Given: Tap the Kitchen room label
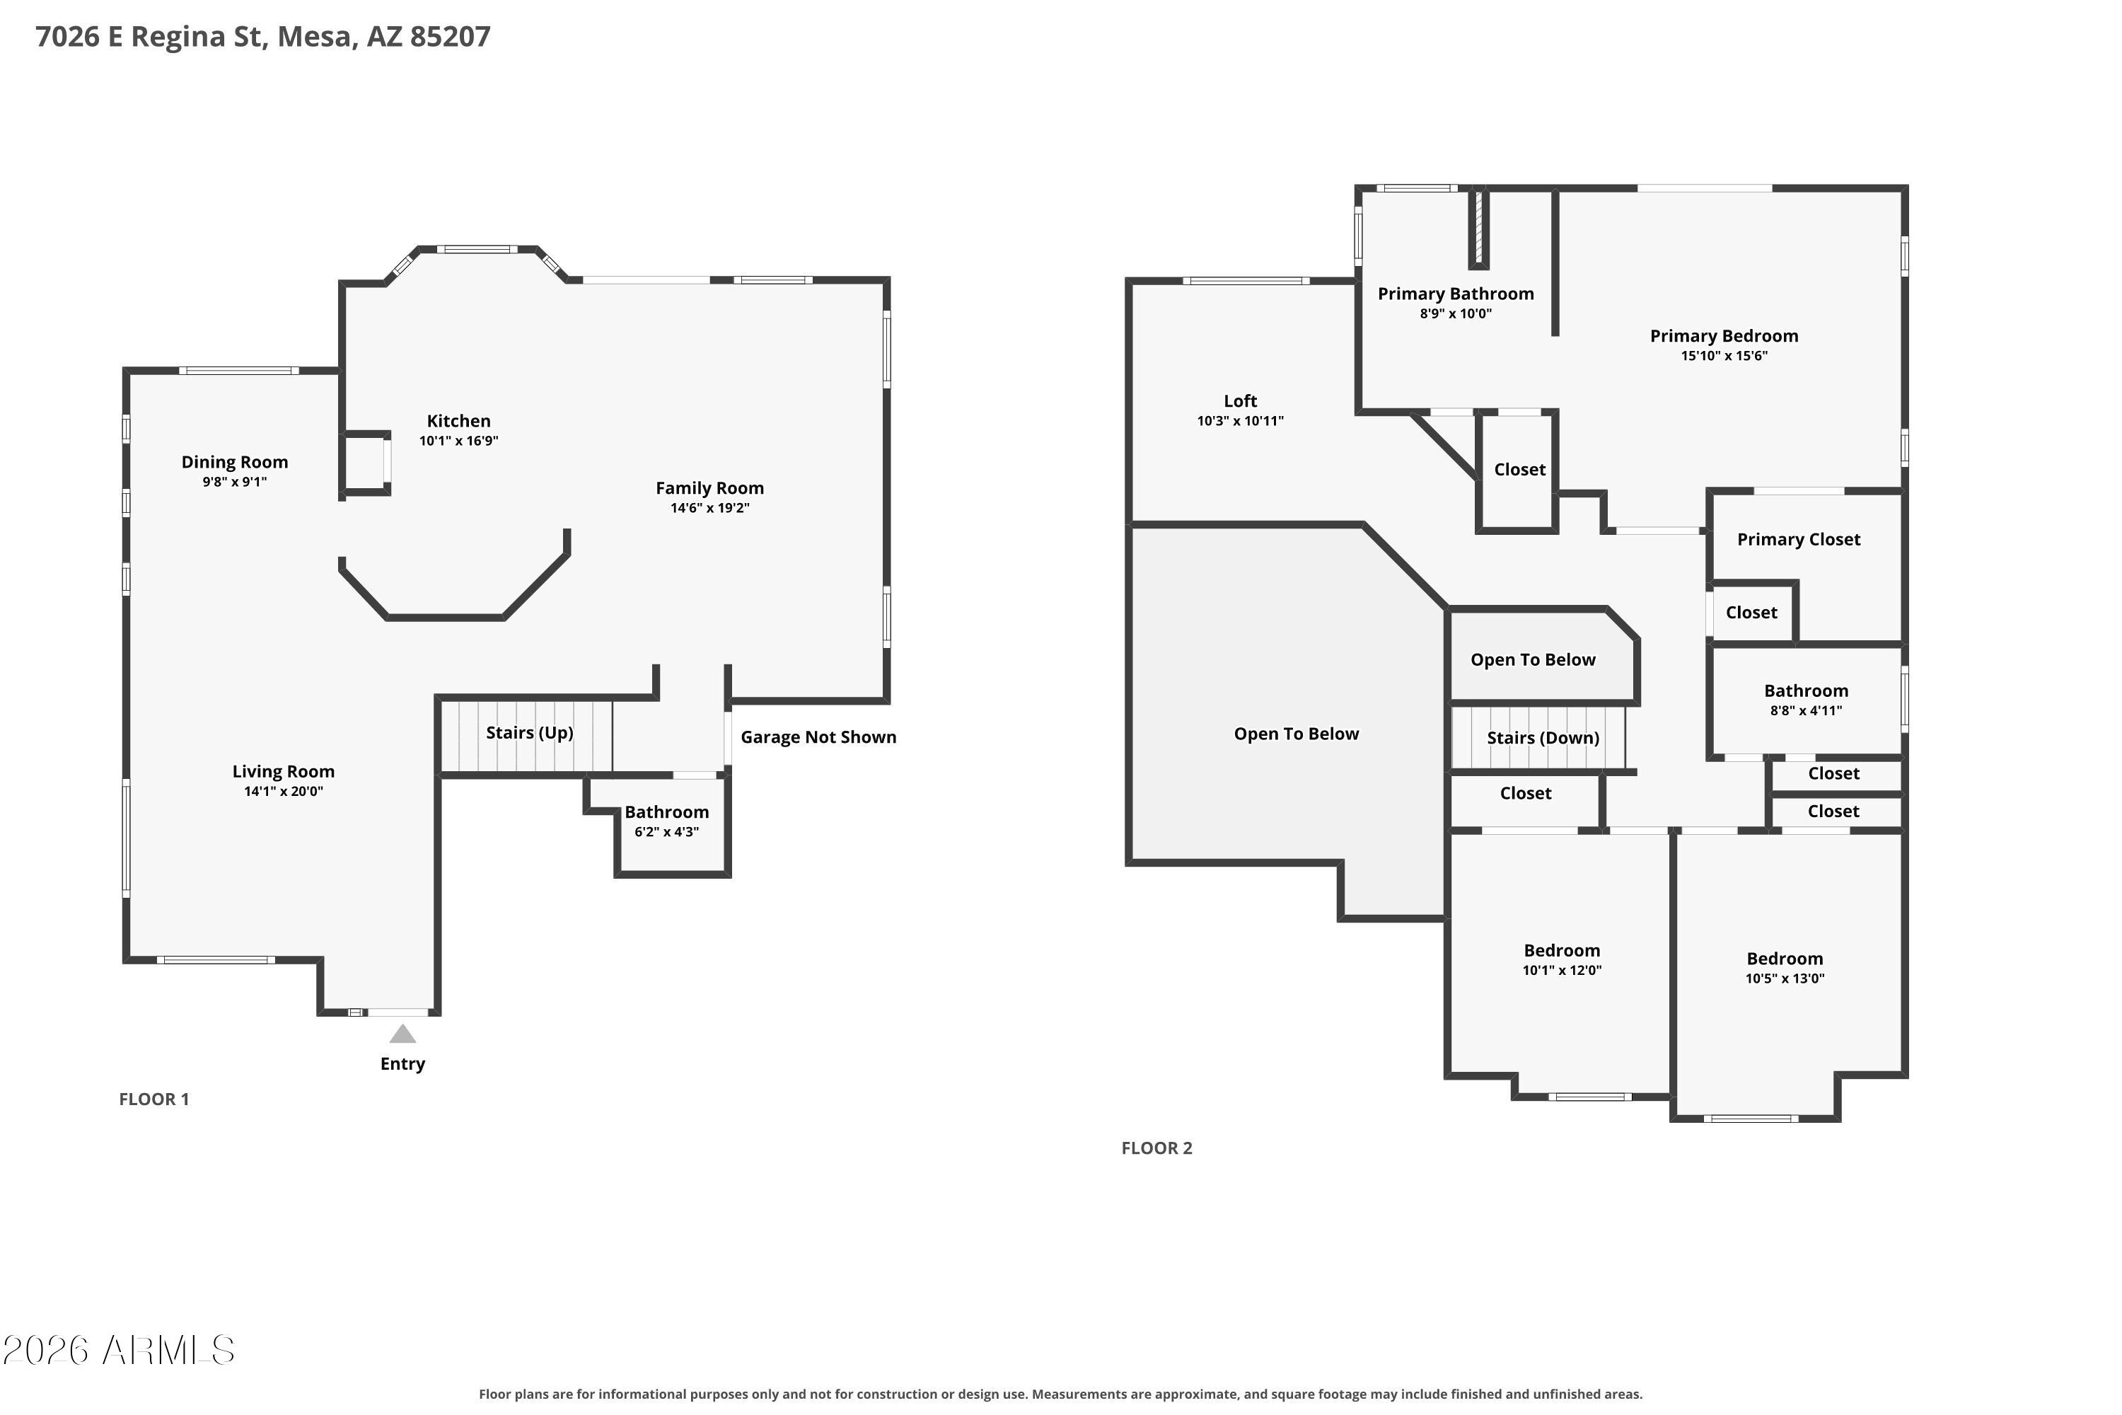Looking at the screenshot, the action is pos(458,420).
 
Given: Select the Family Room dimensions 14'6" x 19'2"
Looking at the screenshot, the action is pos(709,508).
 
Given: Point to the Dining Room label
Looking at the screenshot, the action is pos(235,462).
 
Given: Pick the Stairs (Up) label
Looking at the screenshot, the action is pos(530,733).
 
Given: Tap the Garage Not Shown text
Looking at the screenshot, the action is pos(818,737).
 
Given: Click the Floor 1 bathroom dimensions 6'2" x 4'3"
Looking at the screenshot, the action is pos(667,832).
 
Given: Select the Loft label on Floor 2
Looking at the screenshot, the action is pos(1241,400).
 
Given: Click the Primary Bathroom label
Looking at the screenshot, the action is pos(1455,294).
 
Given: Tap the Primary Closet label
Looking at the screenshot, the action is pos(1798,540).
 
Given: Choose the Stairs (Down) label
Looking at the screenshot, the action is pos(1543,738).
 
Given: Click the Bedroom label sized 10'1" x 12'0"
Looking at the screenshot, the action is pos(1562,950).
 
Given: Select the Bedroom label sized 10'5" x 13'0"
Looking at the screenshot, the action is pos(1785,959).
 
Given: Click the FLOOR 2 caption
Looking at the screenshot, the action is pos(1156,1148).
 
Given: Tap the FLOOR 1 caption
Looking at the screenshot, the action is pos(154,1099).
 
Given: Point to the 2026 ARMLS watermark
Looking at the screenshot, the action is pos(118,1350).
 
